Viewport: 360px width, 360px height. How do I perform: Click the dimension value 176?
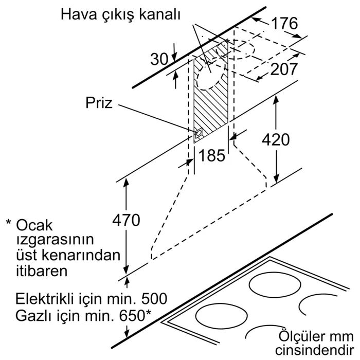[284, 24]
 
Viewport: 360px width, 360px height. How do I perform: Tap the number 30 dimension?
[159, 60]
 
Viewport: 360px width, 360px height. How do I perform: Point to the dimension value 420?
[276, 139]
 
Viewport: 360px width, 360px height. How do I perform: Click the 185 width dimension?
[211, 155]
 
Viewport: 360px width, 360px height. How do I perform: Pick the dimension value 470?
[125, 221]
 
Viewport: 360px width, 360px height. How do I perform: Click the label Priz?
[99, 103]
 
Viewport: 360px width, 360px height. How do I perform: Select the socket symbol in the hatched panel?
[199, 134]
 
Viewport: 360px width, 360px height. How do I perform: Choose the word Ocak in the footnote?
[35, 225]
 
